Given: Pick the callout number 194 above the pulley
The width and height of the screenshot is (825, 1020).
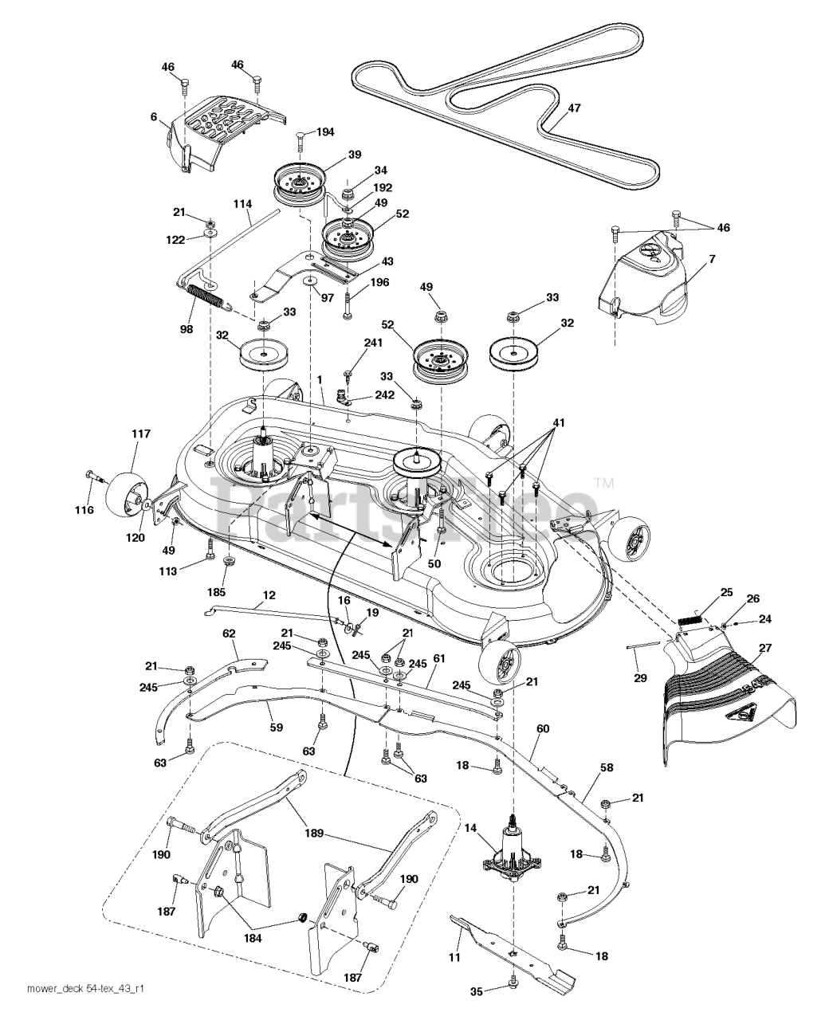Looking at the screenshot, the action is (x=325, y=131).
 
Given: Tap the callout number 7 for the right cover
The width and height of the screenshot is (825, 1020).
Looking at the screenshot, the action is (x=712, y=259).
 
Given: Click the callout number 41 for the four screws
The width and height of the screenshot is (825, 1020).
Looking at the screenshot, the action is (x=559, y=423).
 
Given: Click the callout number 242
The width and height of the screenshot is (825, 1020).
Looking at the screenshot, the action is (x=385, y=395).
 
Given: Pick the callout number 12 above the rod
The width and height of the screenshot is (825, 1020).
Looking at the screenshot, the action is (x=269, y=594).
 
